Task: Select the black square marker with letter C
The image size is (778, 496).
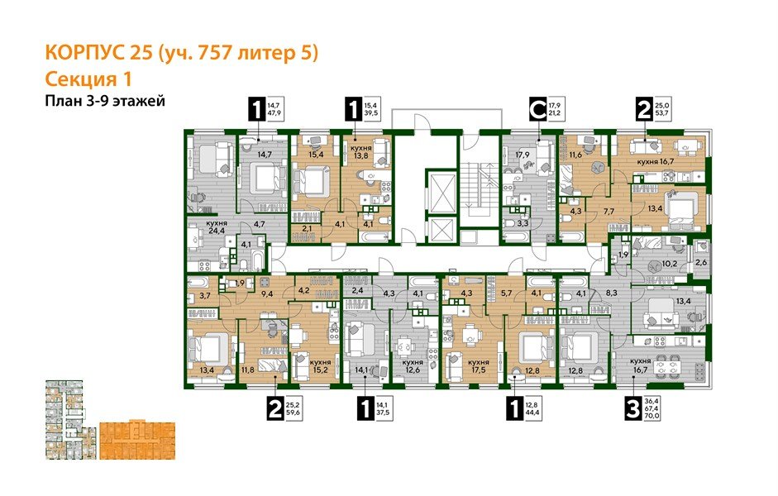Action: coord(538,108)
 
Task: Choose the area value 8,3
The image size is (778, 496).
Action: coord(612,292)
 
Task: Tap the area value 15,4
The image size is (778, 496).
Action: coord(313,154)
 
